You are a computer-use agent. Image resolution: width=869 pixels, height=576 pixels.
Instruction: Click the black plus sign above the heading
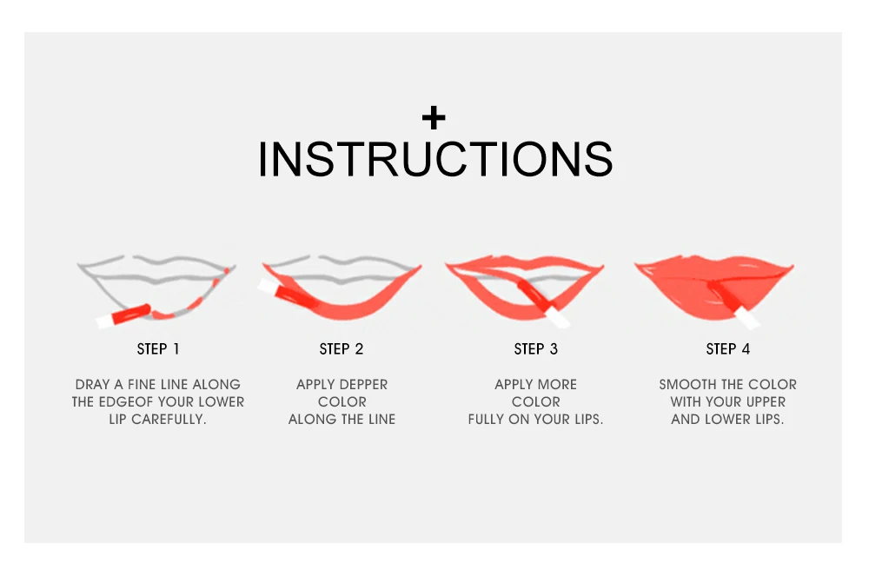pyautogui.click(x=434, y=117)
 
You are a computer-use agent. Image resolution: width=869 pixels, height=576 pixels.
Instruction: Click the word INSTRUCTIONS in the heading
pyautogui.click(x=435, y=160)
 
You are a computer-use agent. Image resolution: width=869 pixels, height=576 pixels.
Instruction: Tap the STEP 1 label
pyautogui.click(x=158, y=349)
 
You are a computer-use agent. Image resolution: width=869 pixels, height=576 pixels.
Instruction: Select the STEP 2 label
pyautogui.click(x=342, y=349)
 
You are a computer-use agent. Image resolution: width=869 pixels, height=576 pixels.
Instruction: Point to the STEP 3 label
pyautogui.click(x=536, y=349)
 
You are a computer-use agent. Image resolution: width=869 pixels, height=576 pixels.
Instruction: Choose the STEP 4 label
pyautogui.click(x=728, y=349)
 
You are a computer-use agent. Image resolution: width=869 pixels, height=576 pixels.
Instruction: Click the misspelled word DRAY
pyautogui.click(x=93, y=384)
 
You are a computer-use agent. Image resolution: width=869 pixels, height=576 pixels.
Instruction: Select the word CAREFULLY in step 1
pyautogui.click(x=169, y=420)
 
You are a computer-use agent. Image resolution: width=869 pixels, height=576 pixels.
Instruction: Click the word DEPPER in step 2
pyautogui.click(x=362, y=384)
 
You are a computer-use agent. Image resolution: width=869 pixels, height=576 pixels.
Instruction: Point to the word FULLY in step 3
pyautogui.click(x=486, y=420)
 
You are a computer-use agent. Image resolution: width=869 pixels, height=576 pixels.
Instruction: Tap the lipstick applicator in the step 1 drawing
pyautogui.click(x=123, y=315)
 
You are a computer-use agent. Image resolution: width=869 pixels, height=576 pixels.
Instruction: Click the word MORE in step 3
pyautogui.click(x=557, y=384)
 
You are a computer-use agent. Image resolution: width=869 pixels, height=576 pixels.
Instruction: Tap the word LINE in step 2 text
pyautogui.click(x=381, y=420)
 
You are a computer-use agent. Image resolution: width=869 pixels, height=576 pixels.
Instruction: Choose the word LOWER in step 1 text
pyautogui.click(x=221, y=402)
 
